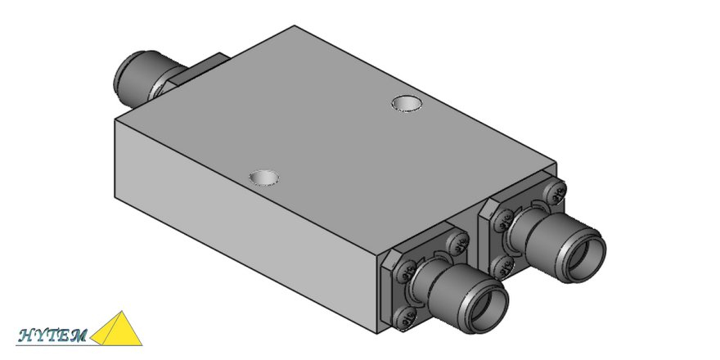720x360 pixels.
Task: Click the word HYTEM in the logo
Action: [52, 334]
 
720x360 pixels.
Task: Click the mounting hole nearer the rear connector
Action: [406, 104]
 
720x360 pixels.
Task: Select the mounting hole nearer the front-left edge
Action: [264, 177]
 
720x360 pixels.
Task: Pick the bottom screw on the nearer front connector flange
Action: [403, 316]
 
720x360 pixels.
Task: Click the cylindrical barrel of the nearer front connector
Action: [450, 286]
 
